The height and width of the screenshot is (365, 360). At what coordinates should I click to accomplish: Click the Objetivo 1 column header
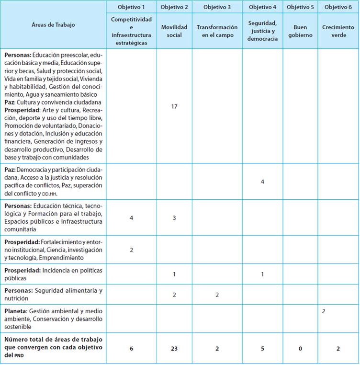pos(131,7)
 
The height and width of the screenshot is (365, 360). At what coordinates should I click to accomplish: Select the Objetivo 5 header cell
pos(300,7)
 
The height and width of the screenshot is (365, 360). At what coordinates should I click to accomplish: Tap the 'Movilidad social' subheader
pos(174,31)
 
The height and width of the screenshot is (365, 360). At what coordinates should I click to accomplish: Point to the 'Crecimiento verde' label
pos(338,31)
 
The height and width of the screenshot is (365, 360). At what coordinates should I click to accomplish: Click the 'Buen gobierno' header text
pos(300,31)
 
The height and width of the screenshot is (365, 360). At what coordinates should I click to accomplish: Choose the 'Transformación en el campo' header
pos(217,31)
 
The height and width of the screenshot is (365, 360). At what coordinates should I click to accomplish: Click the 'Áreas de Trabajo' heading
pos(56,24)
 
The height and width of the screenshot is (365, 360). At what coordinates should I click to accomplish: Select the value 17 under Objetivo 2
pos(174,106)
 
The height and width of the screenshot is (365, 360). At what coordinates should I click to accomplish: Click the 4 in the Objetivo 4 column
pos(262,182)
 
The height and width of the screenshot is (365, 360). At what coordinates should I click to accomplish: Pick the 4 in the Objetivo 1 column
pos(131,217)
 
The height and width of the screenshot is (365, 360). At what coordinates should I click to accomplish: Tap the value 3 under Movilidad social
pos(174,217)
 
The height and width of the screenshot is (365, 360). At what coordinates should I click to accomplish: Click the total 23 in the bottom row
pos(174,348)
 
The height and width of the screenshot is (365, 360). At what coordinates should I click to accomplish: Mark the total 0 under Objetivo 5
pos(300,348)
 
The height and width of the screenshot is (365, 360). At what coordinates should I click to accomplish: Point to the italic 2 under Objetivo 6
pos(324,311)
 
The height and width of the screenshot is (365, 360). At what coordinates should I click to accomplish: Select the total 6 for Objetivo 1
pos(131,348)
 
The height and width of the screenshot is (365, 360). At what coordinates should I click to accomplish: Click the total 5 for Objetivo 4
pos(262,348)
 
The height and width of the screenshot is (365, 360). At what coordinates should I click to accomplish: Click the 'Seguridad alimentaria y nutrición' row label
pos(54,295)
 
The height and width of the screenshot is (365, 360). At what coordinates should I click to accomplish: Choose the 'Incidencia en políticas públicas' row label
pos(54,274)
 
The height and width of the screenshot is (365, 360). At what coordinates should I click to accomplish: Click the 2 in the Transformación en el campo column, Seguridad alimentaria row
pos(217,295)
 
